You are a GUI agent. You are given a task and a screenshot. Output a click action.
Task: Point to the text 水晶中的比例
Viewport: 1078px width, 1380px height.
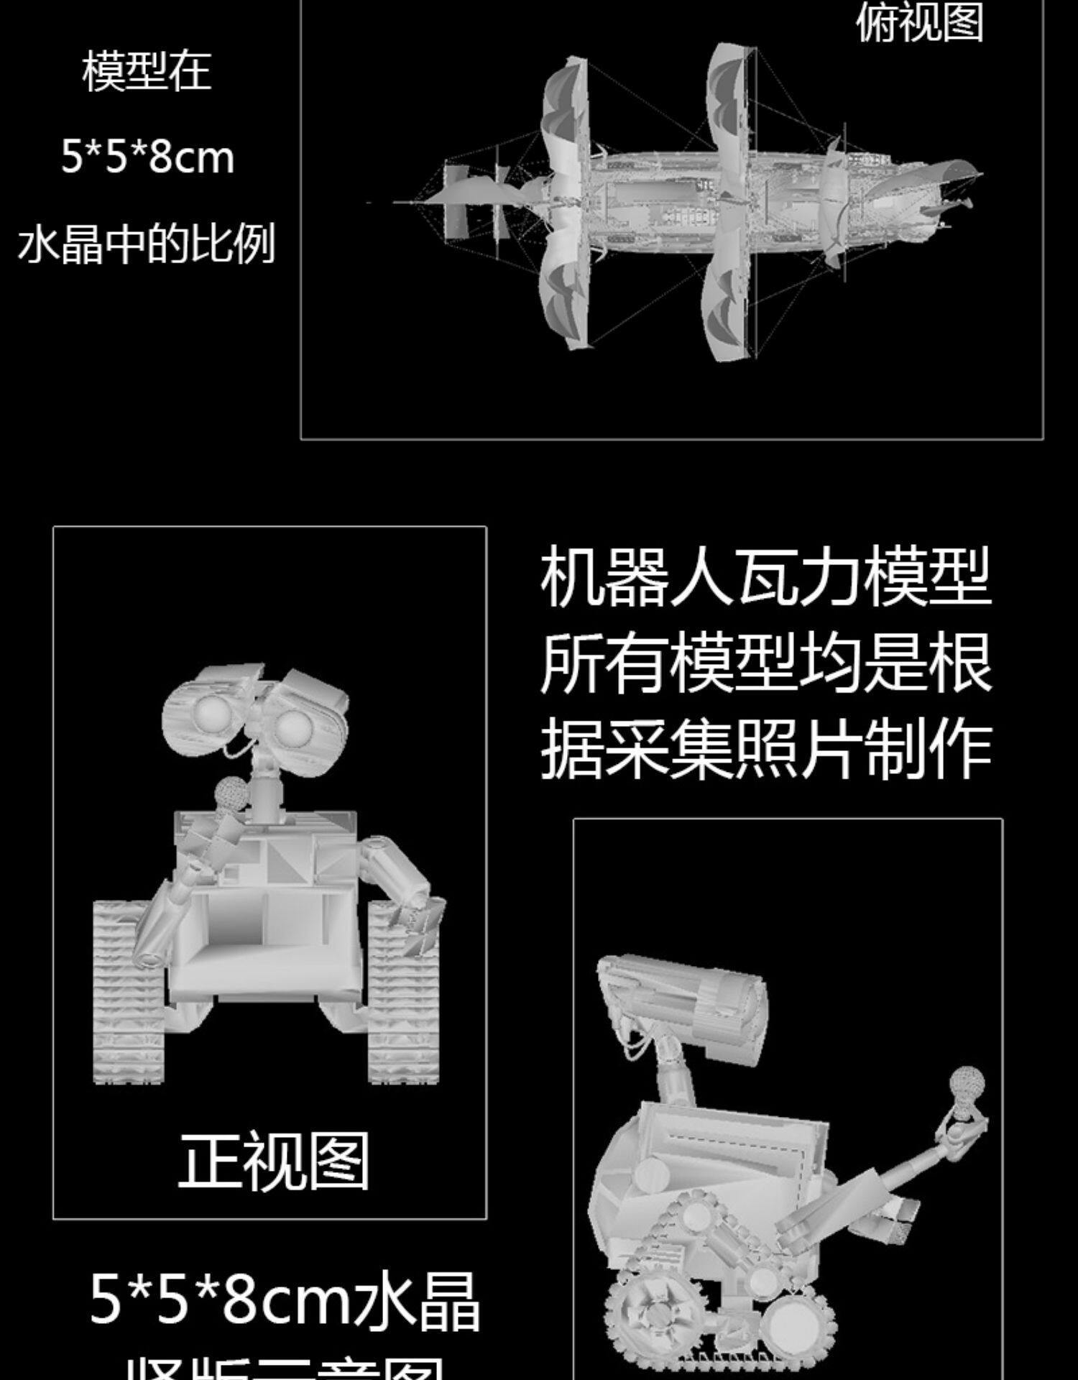click(x=147, y=244)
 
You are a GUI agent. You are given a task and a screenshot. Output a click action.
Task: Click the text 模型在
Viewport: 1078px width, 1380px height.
click(x=147, y=71)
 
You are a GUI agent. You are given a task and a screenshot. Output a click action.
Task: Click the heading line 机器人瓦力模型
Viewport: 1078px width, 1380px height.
click(x=766, y=576)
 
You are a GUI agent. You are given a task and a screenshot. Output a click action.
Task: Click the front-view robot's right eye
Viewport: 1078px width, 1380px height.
click(x=293, y=729)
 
